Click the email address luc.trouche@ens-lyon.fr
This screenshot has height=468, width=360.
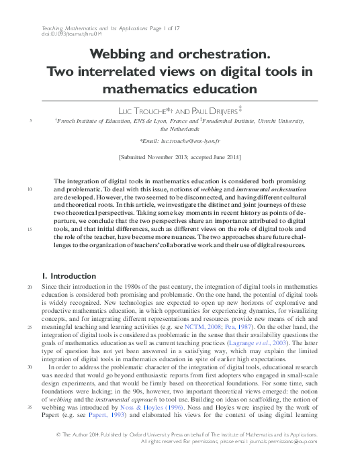click(198, 141)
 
